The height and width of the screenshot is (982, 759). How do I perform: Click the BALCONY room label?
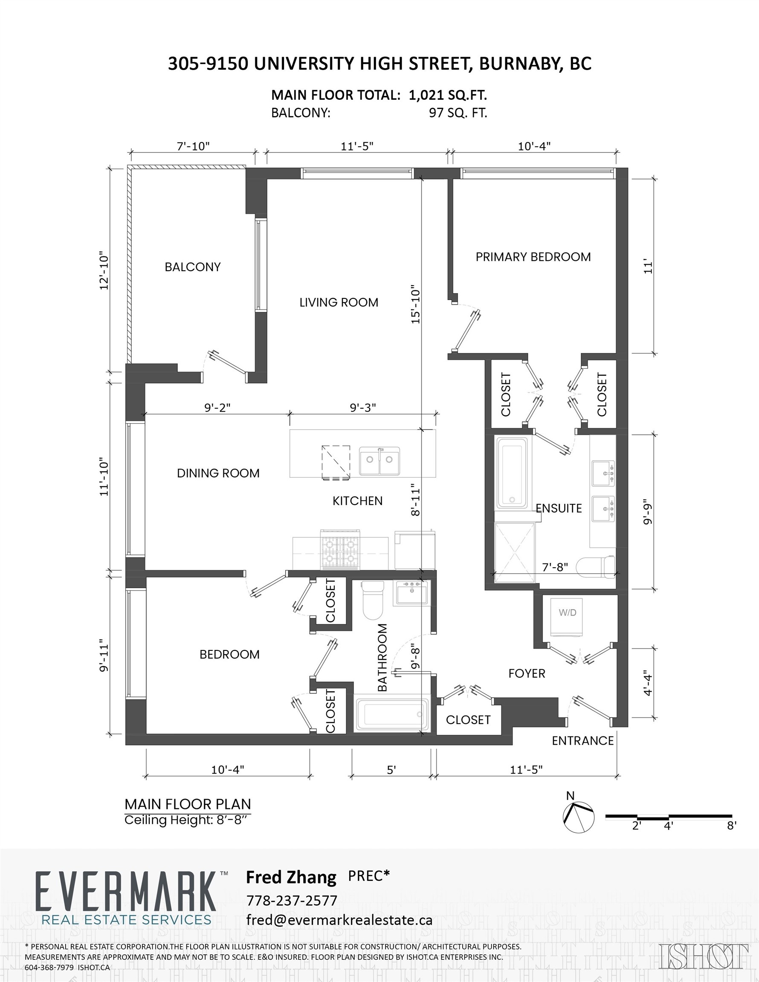(193, 267)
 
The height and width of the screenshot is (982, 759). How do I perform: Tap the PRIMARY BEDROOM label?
(533, 257)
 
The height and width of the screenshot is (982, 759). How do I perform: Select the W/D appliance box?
(568, 616)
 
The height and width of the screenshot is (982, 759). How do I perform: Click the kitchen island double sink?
(379, 461)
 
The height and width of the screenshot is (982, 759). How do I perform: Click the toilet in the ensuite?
(596, 567)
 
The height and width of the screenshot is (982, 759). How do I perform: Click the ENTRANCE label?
(582, 740)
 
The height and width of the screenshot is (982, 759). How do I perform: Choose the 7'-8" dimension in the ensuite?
(555, 567)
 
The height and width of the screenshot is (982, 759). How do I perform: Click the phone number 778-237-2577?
(292, 900)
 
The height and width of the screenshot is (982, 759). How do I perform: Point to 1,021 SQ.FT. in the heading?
(448, 95)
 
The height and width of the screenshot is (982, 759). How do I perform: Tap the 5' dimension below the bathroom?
(391, 770)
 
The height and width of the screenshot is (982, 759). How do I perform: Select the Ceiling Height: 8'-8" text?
(186, 820)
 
